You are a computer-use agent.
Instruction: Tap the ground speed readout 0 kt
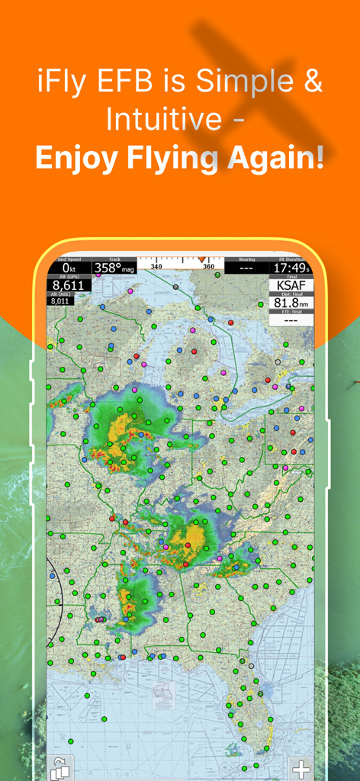coord(69,268)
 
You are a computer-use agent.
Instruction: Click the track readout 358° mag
coord(114,268)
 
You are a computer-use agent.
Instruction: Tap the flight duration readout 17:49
coord(290,268)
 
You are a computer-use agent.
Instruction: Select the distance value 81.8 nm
coord(291,304)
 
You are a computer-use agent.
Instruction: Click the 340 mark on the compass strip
coord(156,267)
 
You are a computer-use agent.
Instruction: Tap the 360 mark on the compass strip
coord(208,267)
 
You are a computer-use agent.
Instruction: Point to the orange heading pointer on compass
coord(201,260)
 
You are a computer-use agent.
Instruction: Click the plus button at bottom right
coord(302,768)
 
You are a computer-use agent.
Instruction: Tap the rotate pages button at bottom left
coord(59,769)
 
